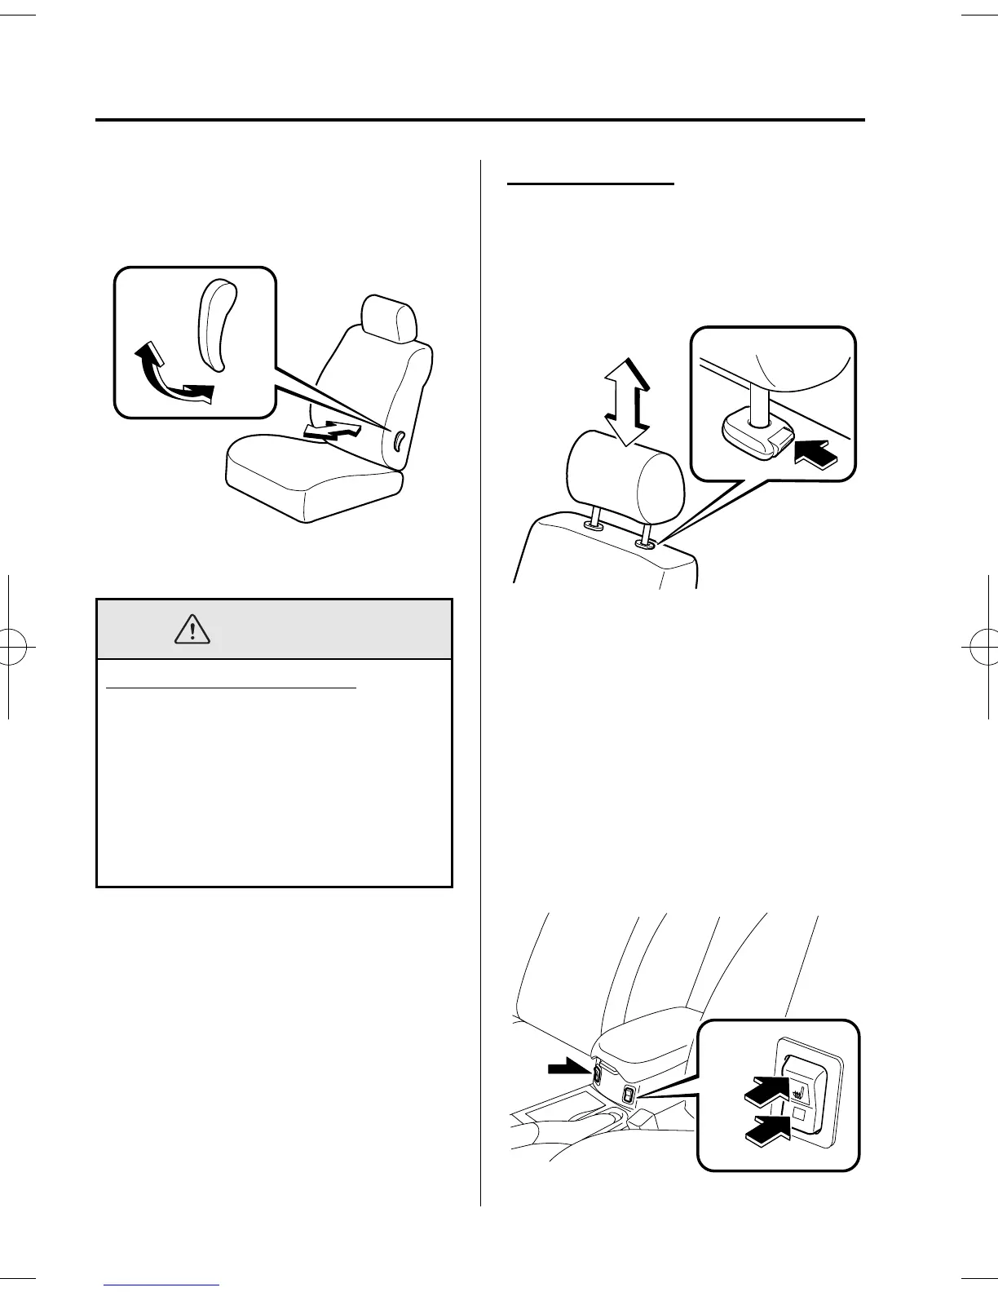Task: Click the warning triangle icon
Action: tap(192, 628)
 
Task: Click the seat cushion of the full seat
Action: tap(312, 482)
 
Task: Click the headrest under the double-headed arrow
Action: tap(625, 478)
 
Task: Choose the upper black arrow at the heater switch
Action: tap(766, 1091)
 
